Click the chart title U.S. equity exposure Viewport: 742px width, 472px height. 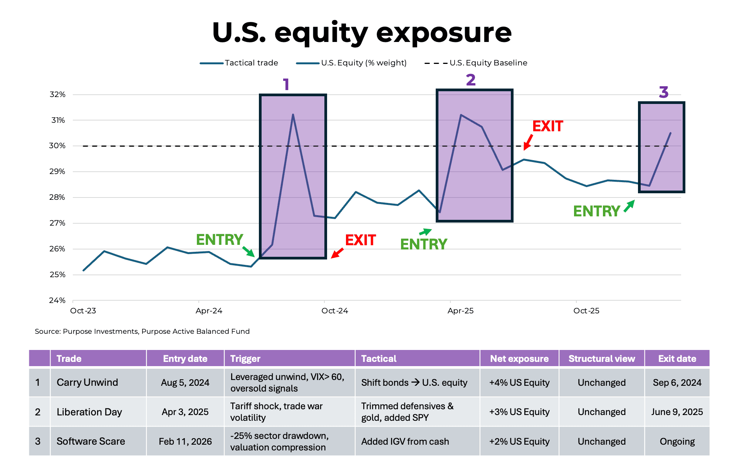(362, 33)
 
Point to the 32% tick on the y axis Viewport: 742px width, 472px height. (57, 94)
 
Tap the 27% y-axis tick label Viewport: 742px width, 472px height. (57, 223)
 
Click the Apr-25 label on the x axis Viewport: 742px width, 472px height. (460, 311)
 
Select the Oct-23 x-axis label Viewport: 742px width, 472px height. (83, 311)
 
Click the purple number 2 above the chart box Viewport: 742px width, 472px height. (470, 80)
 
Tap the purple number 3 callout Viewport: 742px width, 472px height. (663, 92)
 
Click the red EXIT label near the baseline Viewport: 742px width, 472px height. (547, 126)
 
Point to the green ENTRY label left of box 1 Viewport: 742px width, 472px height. (219, 239)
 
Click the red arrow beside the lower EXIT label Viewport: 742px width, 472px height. (337, 253)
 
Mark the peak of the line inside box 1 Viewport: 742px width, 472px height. (293, 115)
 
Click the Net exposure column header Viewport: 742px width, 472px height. (519, 358)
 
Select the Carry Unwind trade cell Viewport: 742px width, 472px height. (87, 382)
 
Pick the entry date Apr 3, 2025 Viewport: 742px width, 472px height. (185, 412)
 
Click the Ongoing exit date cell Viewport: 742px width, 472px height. (677, 441)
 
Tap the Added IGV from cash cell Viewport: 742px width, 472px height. (405, 441)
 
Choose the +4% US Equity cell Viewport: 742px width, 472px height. (519, 382)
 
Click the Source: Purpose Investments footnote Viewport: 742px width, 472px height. (142, 331)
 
